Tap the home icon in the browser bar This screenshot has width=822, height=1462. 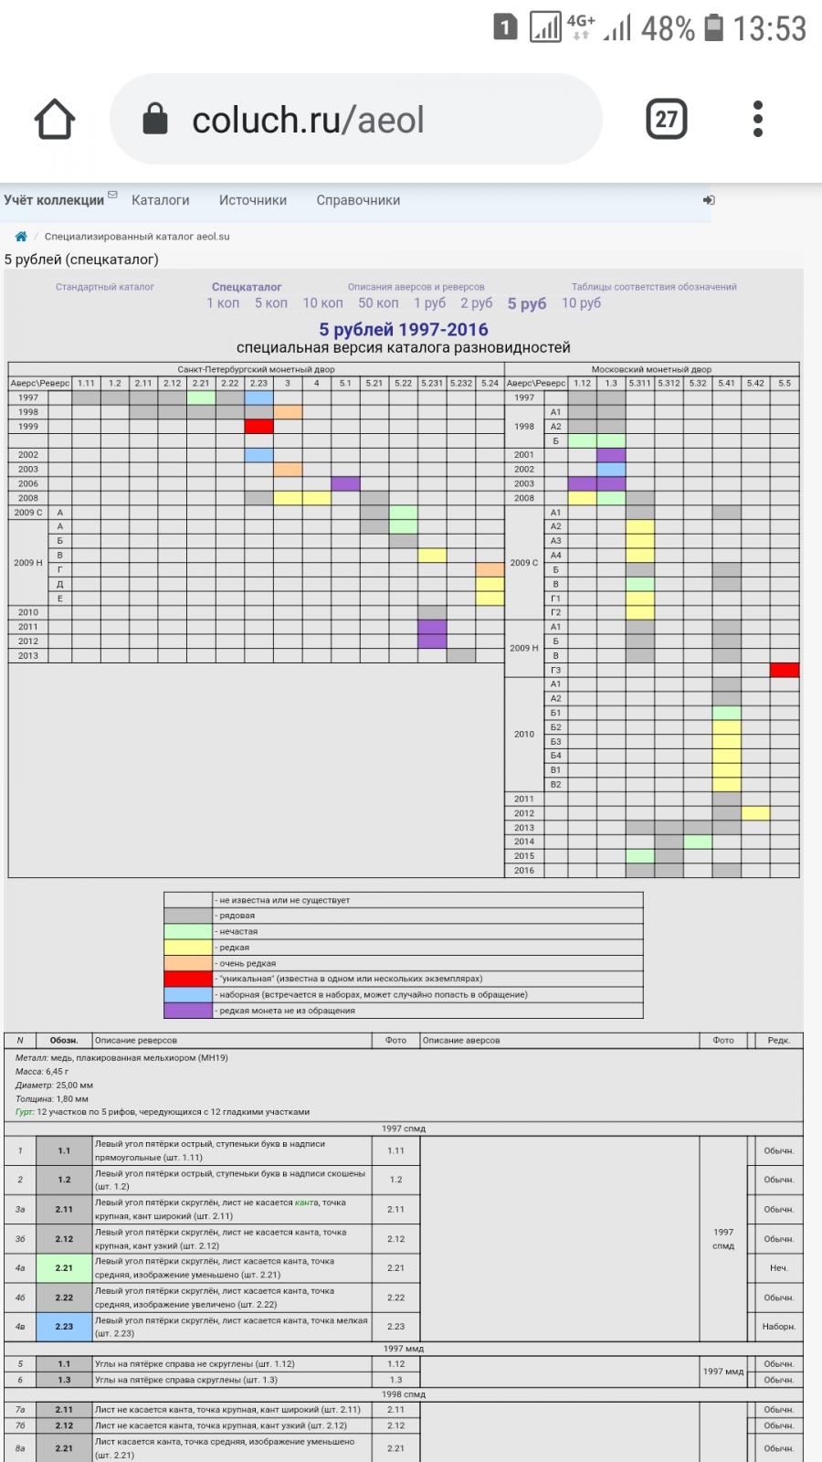[54, 119]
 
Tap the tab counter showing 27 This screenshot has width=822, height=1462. [667, 119]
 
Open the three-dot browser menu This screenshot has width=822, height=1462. [757, 119]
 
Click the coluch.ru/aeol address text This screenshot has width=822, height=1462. [308, 120]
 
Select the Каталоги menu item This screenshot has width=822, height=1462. [161, 200]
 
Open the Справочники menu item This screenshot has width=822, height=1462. [358, 200]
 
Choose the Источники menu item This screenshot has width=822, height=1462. [253, 200]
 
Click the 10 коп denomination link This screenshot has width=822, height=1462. [322, 303]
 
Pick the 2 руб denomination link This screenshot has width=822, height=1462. [476, 303]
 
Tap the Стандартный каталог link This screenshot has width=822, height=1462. [105, 287]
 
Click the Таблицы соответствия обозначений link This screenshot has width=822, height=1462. [654, 287]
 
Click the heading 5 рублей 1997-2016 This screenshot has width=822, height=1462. [403, 330]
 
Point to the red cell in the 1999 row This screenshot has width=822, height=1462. [258, 427]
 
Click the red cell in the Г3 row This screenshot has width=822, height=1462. [784, 670]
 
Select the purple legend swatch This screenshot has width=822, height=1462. [188, 1011]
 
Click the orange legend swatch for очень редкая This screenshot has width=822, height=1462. [188, 963]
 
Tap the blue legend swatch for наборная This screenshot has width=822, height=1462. [188, 994]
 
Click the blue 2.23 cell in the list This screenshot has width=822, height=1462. [64, 1327]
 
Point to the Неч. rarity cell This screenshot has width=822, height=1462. [778, 1268]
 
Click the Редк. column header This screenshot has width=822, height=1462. [778, 1040]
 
